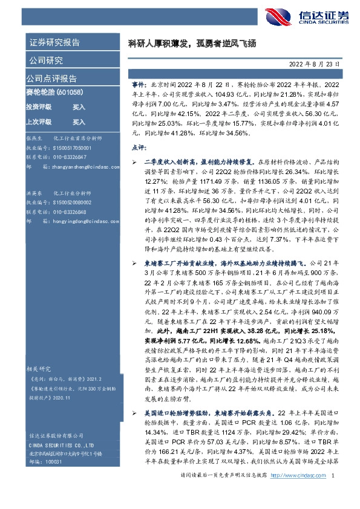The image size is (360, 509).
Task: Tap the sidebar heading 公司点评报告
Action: tap(51, 78)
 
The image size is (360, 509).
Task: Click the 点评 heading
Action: tap(139, 148)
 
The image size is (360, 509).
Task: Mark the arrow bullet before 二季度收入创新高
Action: tap(134, 163)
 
